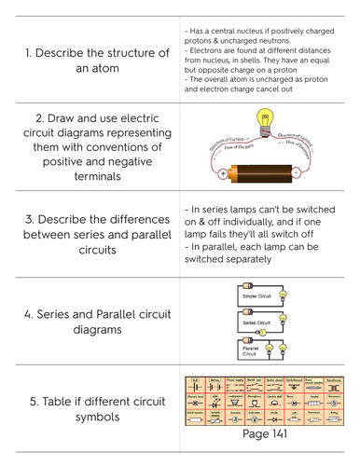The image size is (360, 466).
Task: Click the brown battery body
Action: [265, 173]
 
